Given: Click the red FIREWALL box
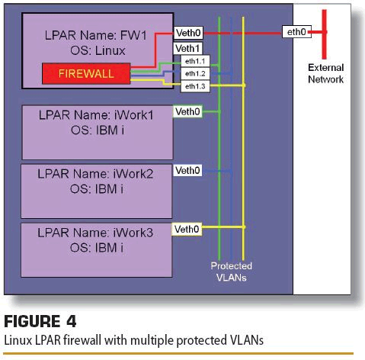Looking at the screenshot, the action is (x=86, y=73).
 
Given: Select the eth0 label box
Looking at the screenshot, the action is (x=296, y=32).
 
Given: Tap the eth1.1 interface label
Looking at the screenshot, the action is (x=195, y=61).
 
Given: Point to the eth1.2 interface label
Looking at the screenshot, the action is (x=195, y=74).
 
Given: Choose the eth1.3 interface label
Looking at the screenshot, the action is (x=195, y=86).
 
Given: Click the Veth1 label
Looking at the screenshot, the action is (x=187, y=48).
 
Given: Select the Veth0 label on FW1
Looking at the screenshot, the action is (x=188, y=33).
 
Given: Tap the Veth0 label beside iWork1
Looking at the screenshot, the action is (x=187, y=111).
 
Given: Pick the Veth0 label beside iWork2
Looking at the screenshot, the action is (x=187, y=170).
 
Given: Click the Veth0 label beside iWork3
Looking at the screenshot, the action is (x=187, y=230).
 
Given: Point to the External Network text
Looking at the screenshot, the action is (x=325, y=73).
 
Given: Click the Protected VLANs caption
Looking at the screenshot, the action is (x=231, y=272).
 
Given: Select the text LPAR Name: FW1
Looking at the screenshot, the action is (x=95, y=35).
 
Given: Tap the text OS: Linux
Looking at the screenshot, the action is (x=98, y=50).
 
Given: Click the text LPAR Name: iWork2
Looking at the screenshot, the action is (x=95, y=174).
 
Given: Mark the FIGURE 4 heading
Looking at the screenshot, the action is (x=40, y=321).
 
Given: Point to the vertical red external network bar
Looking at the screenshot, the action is (x=325, y=34).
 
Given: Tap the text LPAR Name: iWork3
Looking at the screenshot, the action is (x=95, y=233).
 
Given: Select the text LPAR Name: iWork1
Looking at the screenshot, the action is (x=96, y=115).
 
